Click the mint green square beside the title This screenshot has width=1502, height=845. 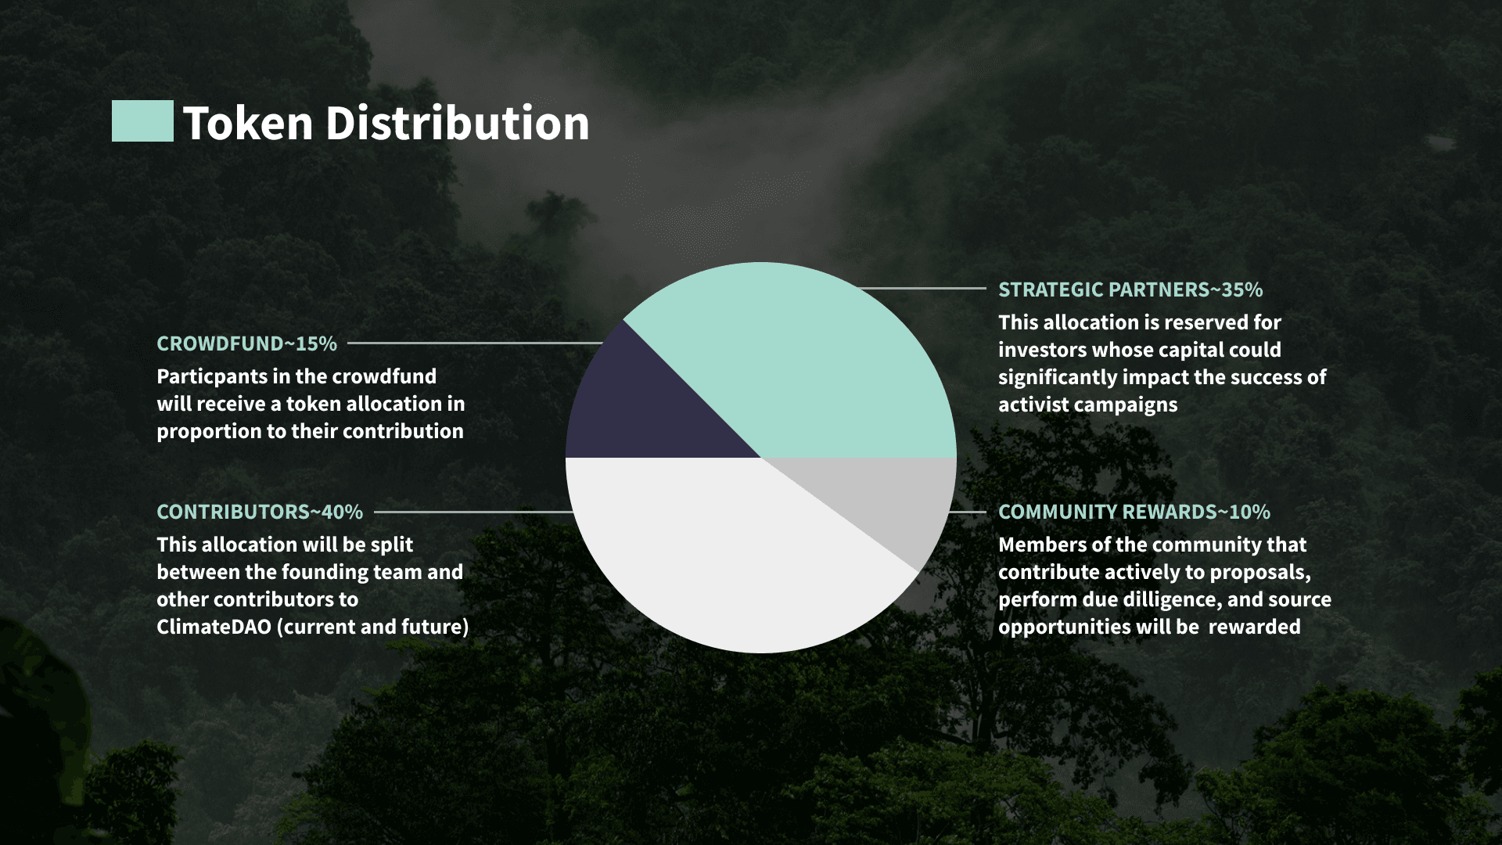142,121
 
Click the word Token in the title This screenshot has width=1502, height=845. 248,124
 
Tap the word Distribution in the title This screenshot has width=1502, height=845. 457,124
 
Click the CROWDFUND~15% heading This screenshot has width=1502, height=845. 246,343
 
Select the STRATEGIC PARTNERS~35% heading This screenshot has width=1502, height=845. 1130,289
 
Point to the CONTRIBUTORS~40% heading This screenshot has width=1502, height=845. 260,512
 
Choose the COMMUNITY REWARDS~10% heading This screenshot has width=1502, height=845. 1134,512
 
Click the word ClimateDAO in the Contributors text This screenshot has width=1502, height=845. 214,627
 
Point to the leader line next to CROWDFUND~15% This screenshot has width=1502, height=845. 475,343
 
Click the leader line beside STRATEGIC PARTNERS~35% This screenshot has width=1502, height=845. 922,288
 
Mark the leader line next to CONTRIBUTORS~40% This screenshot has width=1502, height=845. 474,512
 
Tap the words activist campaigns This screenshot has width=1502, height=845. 1087,405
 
